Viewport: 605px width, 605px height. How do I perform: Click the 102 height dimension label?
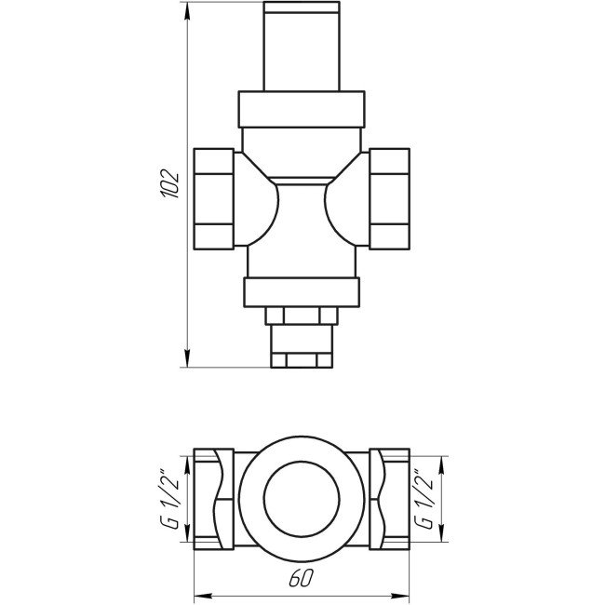[x=170, y=184]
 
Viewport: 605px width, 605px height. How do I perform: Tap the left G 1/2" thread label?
[x=169, y=499]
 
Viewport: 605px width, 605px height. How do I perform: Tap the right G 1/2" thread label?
[x=423, y=499]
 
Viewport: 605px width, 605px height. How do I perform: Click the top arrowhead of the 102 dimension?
[x=187, y=11]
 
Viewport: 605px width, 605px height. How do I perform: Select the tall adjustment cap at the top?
[x=302, y=46]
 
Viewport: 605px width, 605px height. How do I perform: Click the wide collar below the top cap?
[x=302, y=110]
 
